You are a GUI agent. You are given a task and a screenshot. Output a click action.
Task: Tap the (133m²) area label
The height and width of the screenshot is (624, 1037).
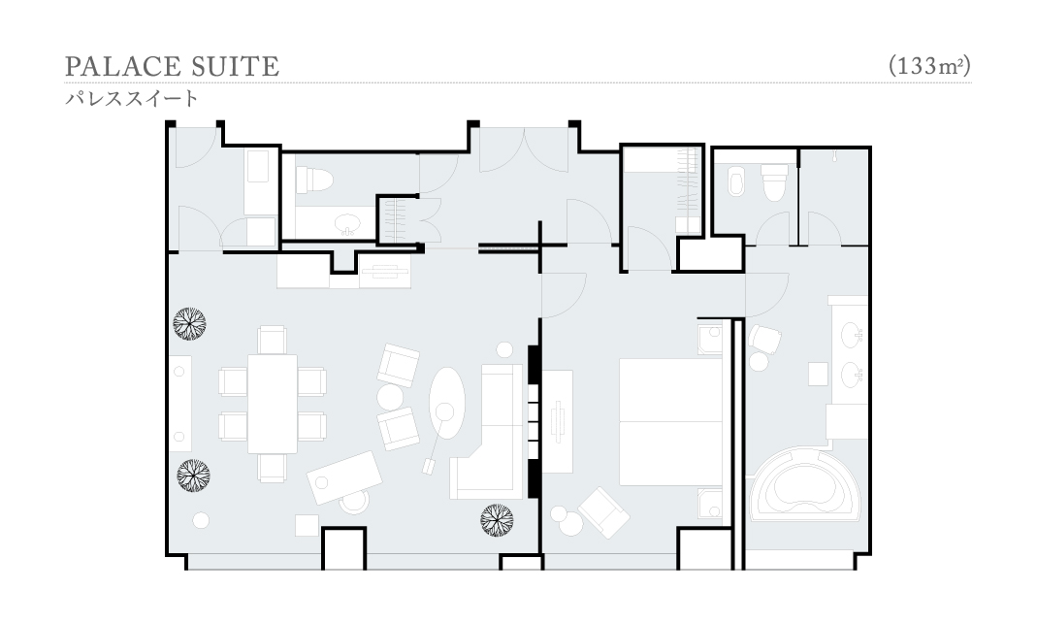point(929,66)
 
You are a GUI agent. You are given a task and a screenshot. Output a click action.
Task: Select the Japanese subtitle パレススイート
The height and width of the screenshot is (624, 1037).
point(132,99)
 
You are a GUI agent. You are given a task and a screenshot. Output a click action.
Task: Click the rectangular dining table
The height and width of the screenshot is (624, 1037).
point(273,404)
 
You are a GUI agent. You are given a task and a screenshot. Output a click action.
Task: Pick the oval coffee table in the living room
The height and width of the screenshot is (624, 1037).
point(447,403)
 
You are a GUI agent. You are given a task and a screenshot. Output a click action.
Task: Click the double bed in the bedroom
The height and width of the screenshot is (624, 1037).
point(670,421)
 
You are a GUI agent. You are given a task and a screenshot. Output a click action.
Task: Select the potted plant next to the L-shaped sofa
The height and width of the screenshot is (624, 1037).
point(498,519)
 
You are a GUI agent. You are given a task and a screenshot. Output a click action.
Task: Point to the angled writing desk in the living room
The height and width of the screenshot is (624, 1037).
point(344,477)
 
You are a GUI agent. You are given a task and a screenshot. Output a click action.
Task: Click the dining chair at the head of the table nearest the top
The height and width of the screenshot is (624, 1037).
point(272,340)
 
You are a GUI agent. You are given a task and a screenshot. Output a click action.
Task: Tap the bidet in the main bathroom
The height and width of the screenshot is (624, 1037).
point(736,181)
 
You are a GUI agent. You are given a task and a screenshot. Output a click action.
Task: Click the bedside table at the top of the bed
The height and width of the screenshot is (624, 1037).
point(710,338)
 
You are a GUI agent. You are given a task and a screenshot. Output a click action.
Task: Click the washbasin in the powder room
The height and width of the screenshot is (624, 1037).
point(346,223)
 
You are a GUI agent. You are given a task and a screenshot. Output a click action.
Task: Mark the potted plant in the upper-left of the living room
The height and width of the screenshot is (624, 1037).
point(190,323)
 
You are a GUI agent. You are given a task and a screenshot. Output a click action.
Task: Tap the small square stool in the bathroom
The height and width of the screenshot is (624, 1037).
point(818,374)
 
